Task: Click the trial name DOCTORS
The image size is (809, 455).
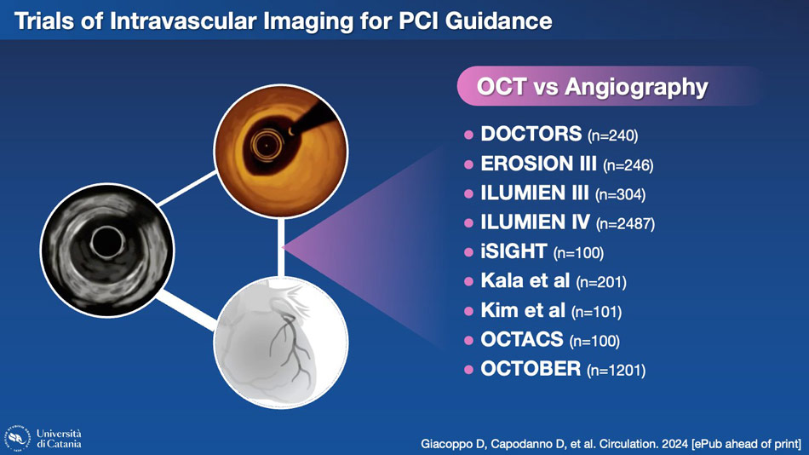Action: (531, 134)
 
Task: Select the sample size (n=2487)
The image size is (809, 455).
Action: (625, 223)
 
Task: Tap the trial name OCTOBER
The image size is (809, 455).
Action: (531, 369)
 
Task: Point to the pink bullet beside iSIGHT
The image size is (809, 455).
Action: (468, 252)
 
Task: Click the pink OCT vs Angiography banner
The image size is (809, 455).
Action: (609, 86)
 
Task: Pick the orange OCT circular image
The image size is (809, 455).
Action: (281, 152)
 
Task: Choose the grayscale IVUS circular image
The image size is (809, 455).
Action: (107, 250)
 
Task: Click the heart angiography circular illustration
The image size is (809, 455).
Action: (281, 343)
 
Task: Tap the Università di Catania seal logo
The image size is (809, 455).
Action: (18, 438)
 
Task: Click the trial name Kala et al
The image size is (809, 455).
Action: (525, 280)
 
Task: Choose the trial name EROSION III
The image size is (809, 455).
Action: (539, 164)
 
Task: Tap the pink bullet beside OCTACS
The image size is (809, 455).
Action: (468, 340)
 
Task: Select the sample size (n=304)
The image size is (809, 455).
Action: (620, 194)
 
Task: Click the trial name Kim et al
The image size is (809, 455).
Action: (523, 310)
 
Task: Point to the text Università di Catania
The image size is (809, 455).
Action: (59, 439)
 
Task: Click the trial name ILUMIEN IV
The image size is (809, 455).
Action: (535, 222)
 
